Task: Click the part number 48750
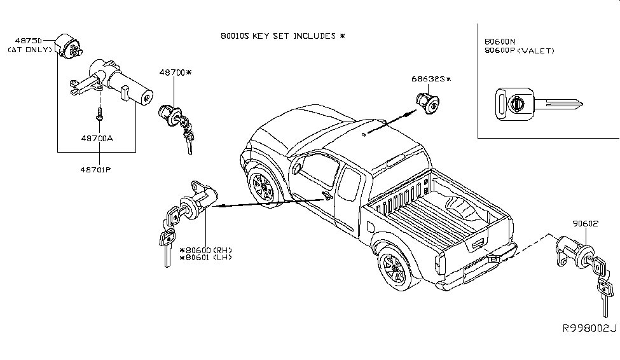coord(28,41)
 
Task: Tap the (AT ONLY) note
coord(30,50)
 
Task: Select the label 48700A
coord(97,139)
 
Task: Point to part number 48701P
coord(95,170)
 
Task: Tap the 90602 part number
coord(586,223)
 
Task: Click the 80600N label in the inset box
coord(500,41)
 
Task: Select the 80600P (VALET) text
coord(520,51)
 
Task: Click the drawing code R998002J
coord(589,329)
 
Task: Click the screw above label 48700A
coord(99,114)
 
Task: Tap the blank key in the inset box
coord(539,104)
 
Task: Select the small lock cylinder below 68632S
coord(428,103)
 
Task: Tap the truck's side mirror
coord(296,169)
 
